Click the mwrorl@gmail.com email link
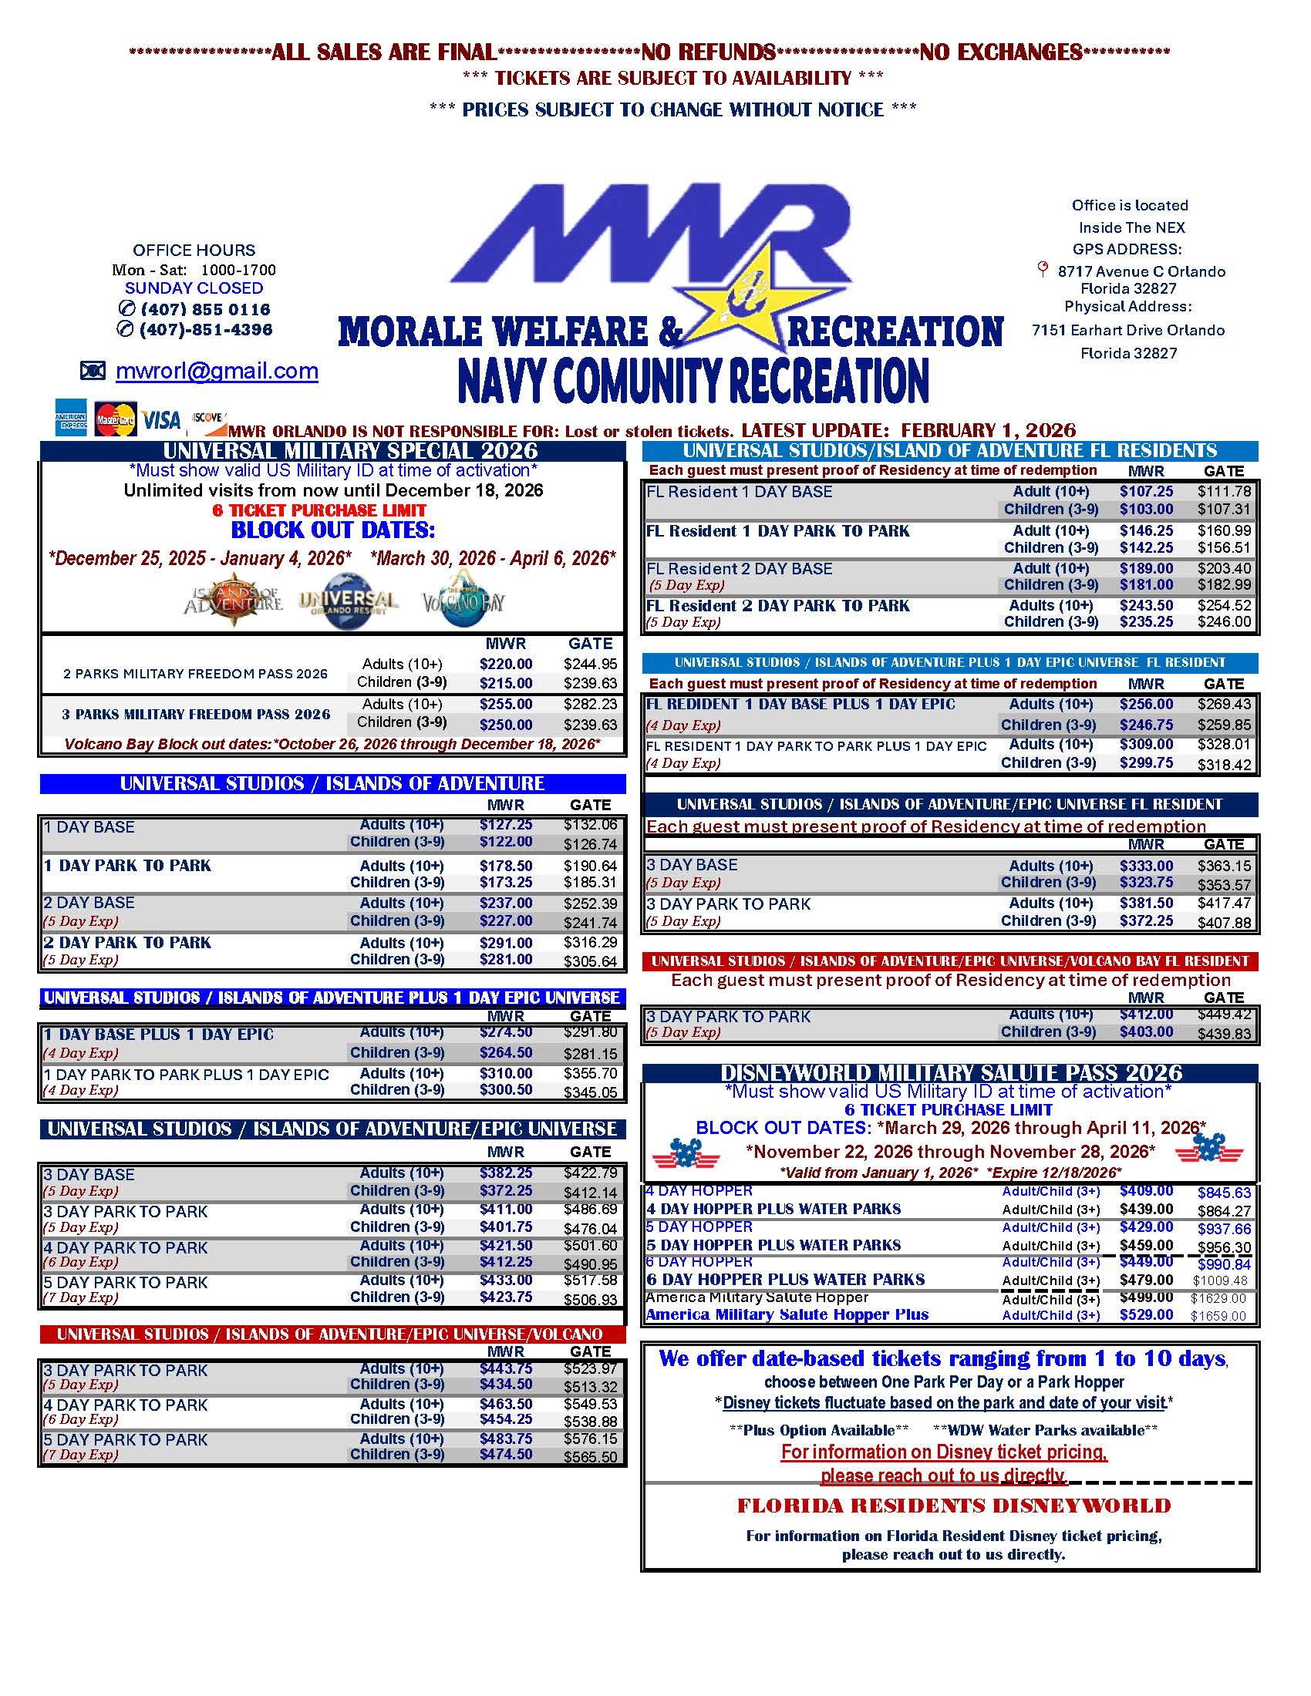(x=217, y=372)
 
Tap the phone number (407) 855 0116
(x=205, y=309)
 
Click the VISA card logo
(x=161, y=420)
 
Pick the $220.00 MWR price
(x=506, y=664)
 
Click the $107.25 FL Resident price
(x=1145, y=492)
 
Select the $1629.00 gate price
(x=1218, y=1298)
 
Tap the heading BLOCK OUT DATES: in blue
(x=333, y=531)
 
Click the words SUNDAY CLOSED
(x=194, y=288)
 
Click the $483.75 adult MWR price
(x=506, y=1439)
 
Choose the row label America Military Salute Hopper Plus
(x=787, y=1314)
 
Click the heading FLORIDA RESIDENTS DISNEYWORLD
(x=953, y=1506)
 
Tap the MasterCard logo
(x=115, y=420)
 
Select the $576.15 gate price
(x=590, y=1439)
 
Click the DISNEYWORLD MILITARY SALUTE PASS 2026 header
(x=951, y=1073)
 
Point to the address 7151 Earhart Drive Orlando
(x=1127, y=330)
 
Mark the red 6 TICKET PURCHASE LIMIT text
(x=318, y=510)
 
